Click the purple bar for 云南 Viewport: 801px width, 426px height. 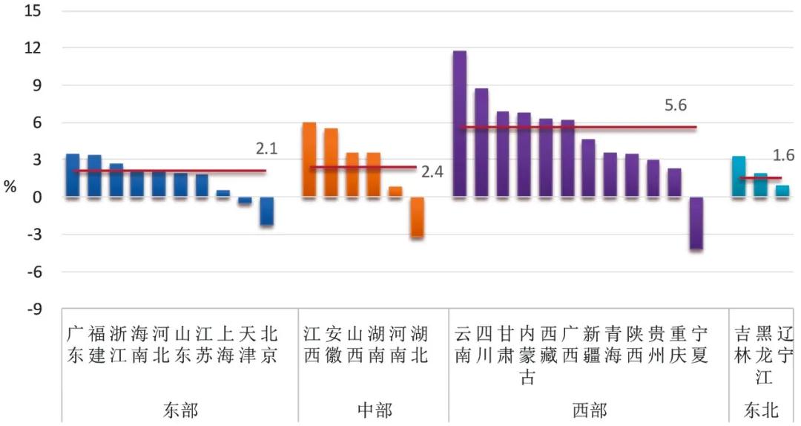pos(460,124)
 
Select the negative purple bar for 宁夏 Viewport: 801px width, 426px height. pos(696,223)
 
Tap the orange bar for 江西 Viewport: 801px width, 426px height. pos(309,160)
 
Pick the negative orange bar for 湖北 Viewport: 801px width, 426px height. pos(418,217)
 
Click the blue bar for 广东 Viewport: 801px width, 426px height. pos(73,176)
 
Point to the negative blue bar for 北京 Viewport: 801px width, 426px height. pos(267,211)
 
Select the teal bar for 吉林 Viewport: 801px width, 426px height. pos(739,177)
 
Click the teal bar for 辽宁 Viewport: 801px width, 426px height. pos(782,191)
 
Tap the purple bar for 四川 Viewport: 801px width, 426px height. pos(481,142)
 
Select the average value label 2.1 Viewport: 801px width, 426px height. pos(266,149)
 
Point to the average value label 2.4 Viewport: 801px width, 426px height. pos(432,172)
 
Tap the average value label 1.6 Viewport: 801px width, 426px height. pos(783,156)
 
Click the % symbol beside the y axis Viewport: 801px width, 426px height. pos(10,187)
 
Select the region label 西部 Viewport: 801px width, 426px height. pos(590,410)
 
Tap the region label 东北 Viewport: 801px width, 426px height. pos(762,410)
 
